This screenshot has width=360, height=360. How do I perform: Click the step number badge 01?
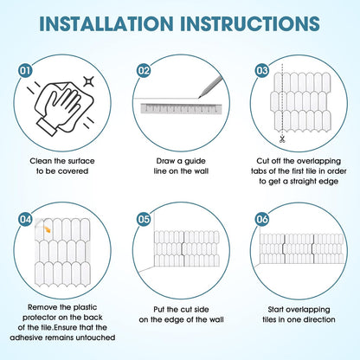(25, 71)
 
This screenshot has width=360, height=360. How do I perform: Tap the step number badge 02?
(144, 71)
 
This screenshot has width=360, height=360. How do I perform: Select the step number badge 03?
(262, 71)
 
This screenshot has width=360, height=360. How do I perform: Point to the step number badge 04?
(25, 220)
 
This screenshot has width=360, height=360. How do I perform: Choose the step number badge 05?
(144, 220)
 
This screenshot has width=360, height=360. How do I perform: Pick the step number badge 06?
(262, 220)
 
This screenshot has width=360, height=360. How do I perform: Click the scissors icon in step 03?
(282, 139)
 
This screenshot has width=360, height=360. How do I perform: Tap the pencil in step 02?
(210, 87)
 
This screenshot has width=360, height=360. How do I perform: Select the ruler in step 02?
(181, 109)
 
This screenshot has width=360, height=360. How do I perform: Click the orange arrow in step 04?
(47, 228)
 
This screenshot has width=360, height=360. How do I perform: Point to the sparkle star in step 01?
(88, 81)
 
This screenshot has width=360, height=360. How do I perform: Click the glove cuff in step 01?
(46, 126)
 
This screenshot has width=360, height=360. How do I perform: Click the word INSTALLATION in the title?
(106, 23)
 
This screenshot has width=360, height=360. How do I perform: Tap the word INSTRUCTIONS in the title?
(250, 23)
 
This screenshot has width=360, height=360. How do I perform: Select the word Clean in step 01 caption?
(41, 161)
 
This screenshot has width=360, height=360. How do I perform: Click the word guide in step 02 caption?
(196, 161)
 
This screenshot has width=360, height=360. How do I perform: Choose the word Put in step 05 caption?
(159, 310)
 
